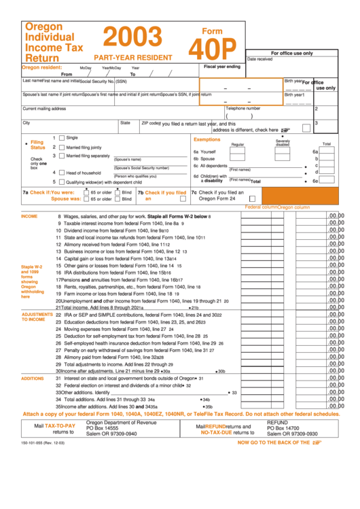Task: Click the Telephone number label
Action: [242, 108]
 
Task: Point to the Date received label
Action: [260, 59]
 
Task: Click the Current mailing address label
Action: [45, 109]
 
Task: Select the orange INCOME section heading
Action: [29, 215]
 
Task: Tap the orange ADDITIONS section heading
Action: [33, 378]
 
